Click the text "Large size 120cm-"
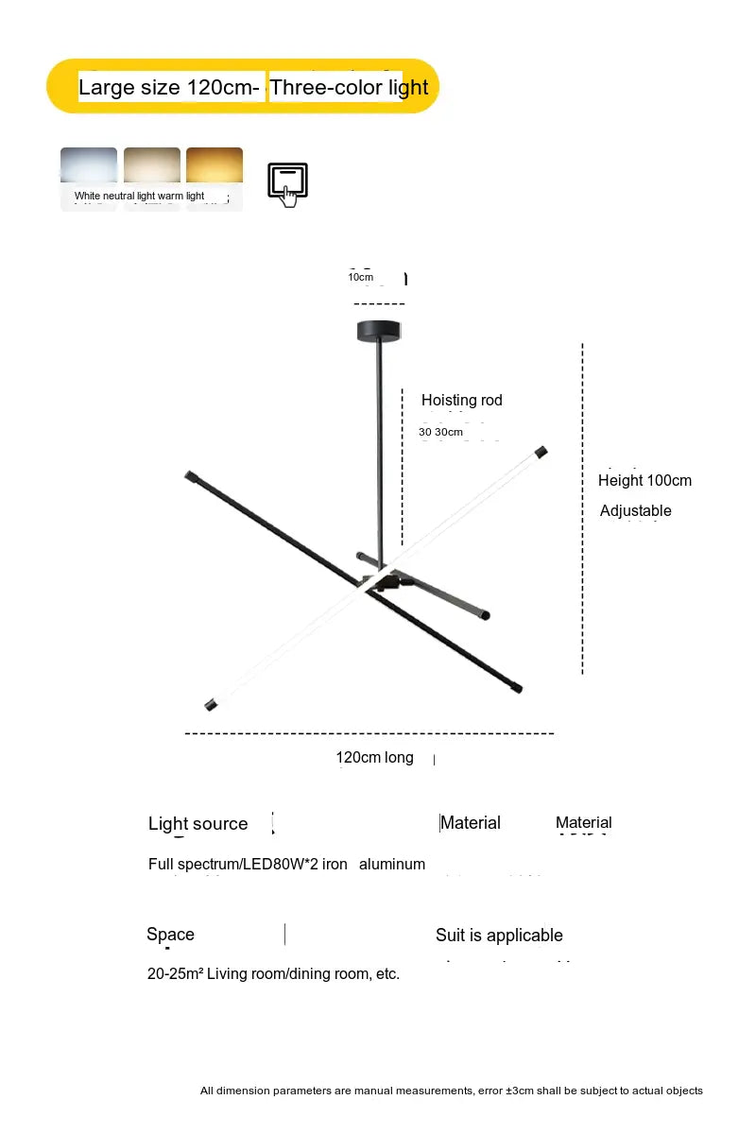168,88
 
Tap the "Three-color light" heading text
350,88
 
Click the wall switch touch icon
287,183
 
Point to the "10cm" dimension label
361,277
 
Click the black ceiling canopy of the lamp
380,331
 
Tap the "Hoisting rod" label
462,401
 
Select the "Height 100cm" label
644,480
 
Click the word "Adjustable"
635,511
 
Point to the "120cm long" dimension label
374,758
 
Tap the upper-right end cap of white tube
541,453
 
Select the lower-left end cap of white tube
210,705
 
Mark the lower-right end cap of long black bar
518,690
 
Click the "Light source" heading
198,824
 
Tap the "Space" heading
170,935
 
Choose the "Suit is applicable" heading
499,936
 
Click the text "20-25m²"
175,974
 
